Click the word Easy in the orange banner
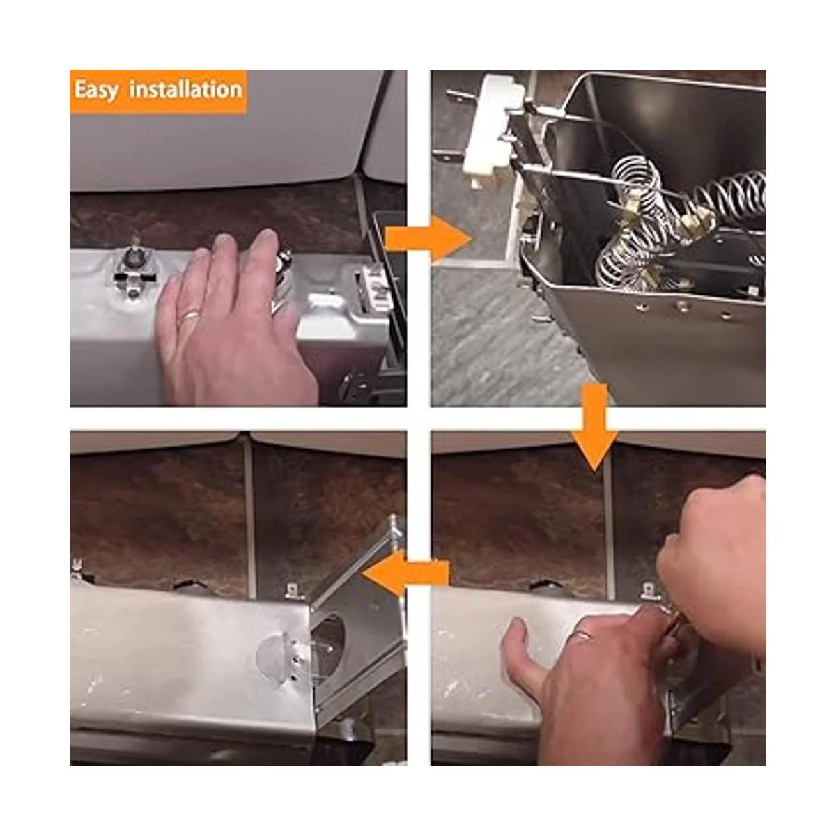tap(96, 91)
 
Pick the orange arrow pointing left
tap(405, 574)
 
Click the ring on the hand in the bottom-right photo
tap(585, 636)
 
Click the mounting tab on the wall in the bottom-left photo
tap(294, 591)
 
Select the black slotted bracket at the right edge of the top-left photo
tap(388, 278)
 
